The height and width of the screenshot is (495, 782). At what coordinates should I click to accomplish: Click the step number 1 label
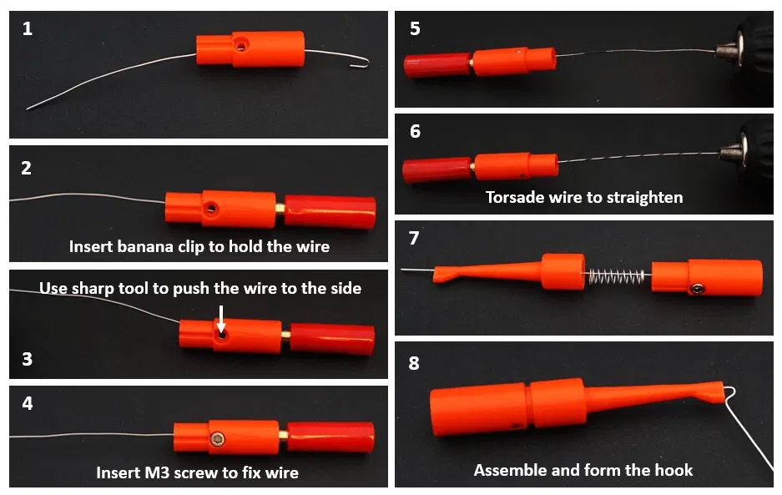[28, 28]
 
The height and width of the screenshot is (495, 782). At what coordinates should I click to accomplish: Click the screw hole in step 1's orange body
[241, 46]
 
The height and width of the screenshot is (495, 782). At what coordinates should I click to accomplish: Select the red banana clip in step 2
[330, 211]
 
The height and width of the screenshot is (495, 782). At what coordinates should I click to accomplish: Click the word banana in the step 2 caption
[145, 246]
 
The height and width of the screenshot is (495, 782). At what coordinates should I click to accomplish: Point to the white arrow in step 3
[221, 320]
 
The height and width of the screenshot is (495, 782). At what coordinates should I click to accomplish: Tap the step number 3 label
[28, 359]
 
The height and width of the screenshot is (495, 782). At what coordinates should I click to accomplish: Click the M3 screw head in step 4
[217, 439]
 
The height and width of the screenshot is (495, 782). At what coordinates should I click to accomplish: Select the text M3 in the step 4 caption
[157, 472]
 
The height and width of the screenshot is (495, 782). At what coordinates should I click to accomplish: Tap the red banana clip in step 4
[330, 437]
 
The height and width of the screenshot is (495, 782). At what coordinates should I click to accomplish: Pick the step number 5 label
[415, 28]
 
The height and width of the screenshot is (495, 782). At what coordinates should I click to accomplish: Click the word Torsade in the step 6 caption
[515, 198]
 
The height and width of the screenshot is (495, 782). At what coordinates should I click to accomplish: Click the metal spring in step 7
[618, 276]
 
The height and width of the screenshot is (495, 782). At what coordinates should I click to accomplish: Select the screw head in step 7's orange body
[697, 289]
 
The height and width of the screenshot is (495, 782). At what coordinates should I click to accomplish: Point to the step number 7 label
[414, 238]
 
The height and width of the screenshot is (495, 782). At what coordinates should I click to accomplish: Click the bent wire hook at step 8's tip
[730, 395]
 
